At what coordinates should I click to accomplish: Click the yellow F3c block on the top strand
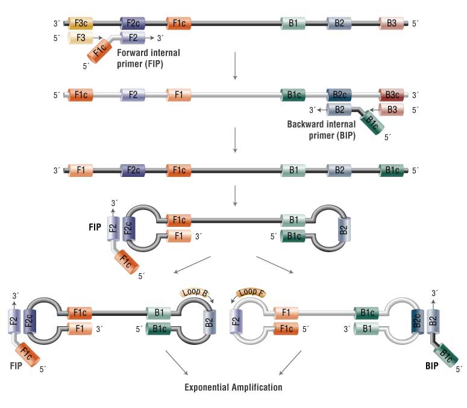81,23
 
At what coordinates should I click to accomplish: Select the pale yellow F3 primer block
81,37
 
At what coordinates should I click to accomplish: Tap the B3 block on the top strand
392,23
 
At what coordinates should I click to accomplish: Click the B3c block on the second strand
392,94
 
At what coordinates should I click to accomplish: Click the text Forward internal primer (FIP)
149,57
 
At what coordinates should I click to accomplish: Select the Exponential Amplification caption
233,387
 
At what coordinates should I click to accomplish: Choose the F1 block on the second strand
179,94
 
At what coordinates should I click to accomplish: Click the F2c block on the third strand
133,170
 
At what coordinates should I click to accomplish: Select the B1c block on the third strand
392,170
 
